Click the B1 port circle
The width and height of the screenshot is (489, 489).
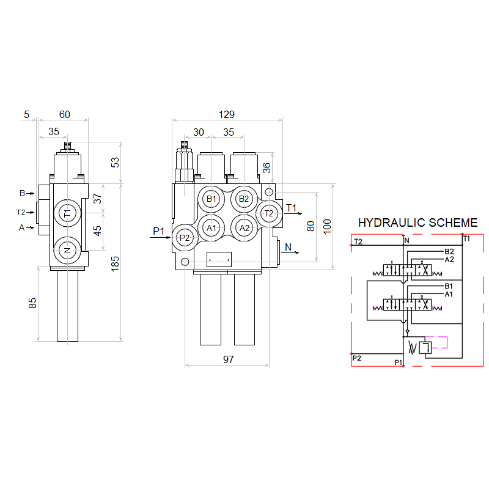tap(211, 199)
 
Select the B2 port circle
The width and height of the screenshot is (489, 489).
tap(244, 199)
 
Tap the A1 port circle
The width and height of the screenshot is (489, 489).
tap(211, 228)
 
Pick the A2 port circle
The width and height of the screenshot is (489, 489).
tap(244, 228)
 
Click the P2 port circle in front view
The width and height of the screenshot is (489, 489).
tap(185, 238)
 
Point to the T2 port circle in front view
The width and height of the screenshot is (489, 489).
tap(269, 213)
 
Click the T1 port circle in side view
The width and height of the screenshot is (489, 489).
tap(67, 213)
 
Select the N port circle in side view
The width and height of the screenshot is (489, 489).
tap(67, 250)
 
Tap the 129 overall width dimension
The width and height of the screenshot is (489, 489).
tap(226, 114)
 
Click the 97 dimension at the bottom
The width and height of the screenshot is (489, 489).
tap(228, 359)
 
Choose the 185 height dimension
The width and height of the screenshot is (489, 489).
tap(116, 263)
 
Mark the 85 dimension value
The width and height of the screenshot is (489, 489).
tap(32, 303)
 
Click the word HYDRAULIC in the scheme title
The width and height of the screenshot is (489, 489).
tap(390, 223)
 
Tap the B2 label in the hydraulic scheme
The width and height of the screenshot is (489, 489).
tap(449, 251)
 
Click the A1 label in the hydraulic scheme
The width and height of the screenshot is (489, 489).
tap(449, 294)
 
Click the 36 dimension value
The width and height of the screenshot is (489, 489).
tap(267, 169)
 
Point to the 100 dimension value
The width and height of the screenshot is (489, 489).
tap(327, 226)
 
